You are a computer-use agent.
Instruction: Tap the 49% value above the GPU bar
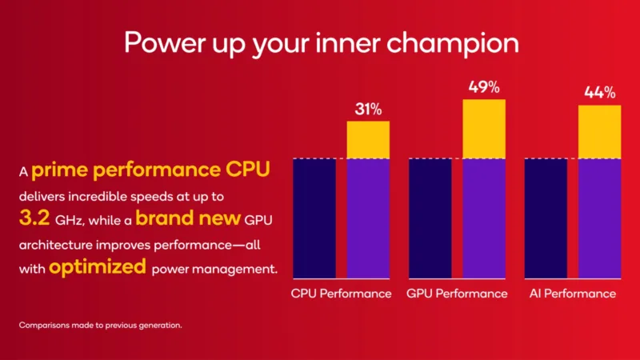(484, 86)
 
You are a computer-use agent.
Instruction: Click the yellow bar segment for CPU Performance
(368, 140)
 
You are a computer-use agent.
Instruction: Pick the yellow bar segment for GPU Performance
(484, 129)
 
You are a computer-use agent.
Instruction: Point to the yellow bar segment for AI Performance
(599, 132)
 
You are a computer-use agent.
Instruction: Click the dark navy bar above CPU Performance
(314, 218)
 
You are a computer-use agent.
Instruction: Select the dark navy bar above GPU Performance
(430, 218)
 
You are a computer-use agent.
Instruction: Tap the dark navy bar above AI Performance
(545, 218)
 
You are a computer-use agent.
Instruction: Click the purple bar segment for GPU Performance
(484, 218)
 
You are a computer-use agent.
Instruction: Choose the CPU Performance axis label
(341, 294)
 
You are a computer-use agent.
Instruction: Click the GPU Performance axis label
(457, 294)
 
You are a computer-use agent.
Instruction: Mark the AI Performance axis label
(573, 294)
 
